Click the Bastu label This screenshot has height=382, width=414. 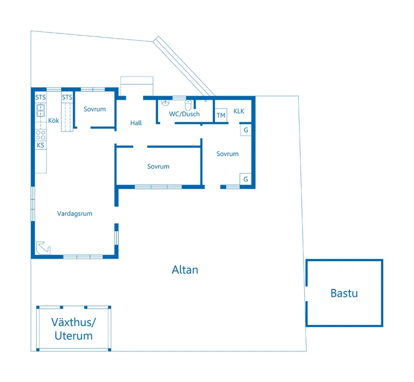[x=344, y=293]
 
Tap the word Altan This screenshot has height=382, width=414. [x=185, y=270]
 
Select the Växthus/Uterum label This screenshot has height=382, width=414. [x=74, y=329]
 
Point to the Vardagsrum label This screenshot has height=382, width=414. [x=75, y=214]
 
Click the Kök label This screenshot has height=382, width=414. [x=54, y=120]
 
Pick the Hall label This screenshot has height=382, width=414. [x=136, y=123]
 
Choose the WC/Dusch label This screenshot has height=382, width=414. [x=184, y=114]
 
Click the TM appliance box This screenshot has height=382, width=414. [x=221, y=115]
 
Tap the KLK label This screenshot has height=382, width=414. [x=239, y=111]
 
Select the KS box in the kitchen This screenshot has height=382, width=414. [x=41, y=145]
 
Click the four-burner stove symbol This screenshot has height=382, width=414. [x=41, y=135]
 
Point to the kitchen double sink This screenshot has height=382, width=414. [x=41, y=110]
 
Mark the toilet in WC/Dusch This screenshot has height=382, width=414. [x=188, y=105]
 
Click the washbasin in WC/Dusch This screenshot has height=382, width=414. [x=165, y=103]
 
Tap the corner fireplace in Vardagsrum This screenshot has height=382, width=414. [x=43, y=248]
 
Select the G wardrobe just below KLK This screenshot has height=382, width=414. [x=245, y=130]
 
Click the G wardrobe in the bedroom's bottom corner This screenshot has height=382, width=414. [x=245, y=179]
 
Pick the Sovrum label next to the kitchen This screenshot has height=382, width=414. [x=94, y=109]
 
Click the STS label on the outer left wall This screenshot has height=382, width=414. [x=41, y=97]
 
